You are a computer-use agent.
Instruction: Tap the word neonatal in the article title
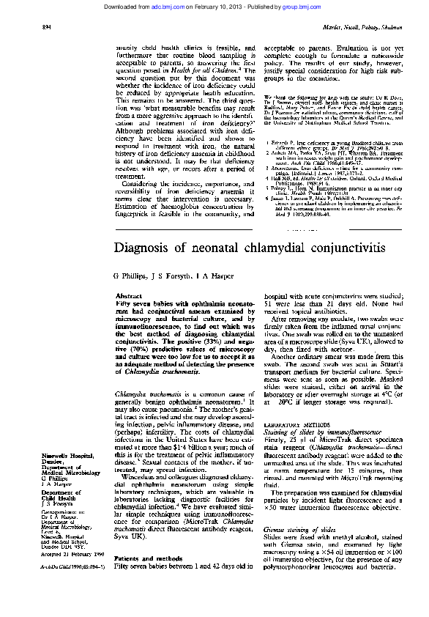click(229, 247)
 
